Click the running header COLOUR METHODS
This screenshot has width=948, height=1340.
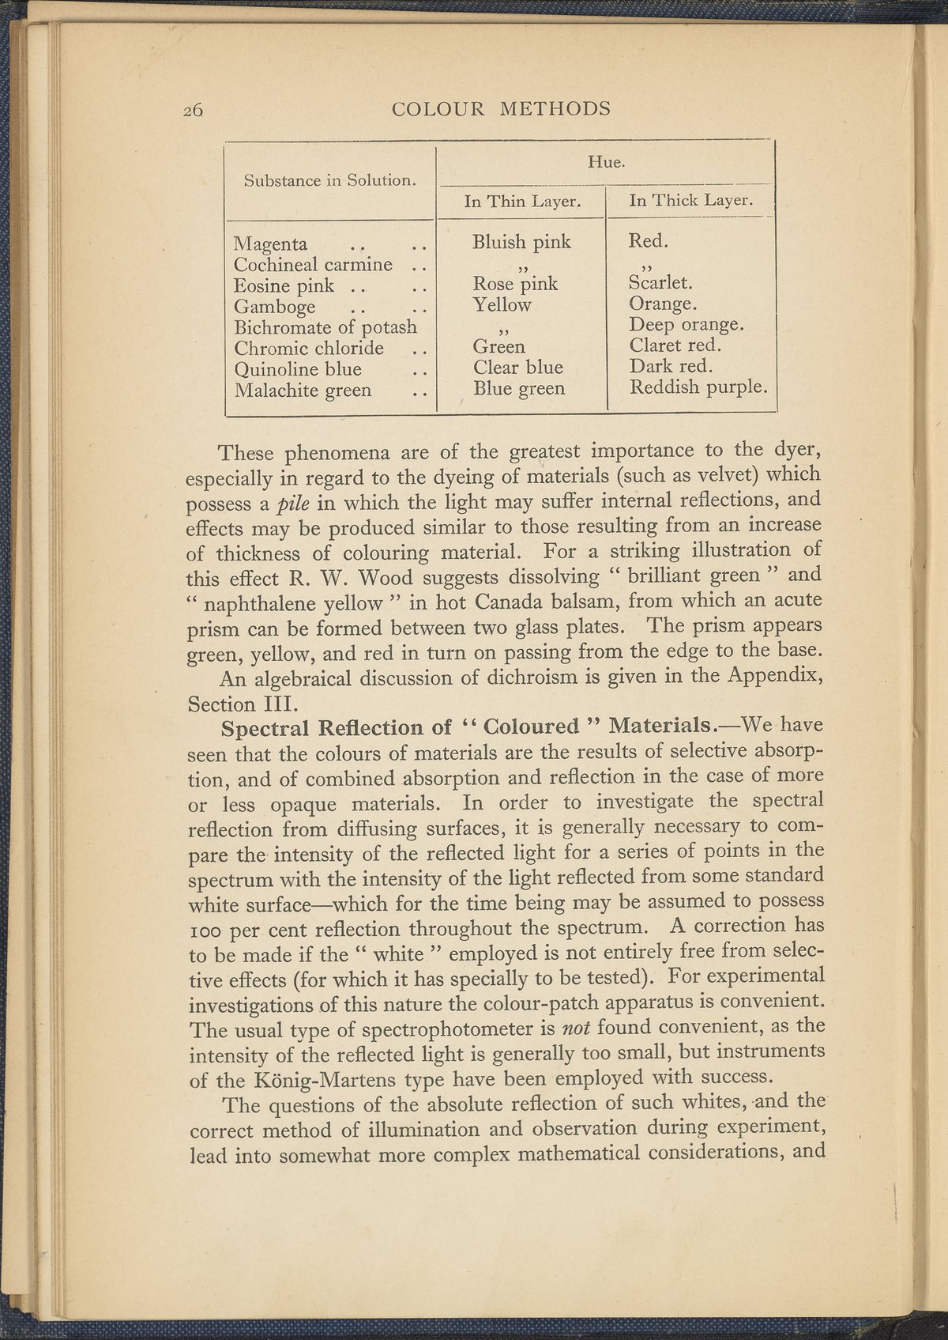501,108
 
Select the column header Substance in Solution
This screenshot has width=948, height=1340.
330,180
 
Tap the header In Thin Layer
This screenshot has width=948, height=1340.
522,202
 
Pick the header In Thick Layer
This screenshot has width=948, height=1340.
689,200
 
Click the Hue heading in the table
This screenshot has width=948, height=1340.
607,163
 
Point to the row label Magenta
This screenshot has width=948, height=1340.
271,243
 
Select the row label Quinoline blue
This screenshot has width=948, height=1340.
298,369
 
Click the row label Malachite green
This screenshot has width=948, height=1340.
303,390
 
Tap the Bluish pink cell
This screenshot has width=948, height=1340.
521,242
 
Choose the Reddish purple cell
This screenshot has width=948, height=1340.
698,387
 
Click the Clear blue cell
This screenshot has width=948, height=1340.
518,368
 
